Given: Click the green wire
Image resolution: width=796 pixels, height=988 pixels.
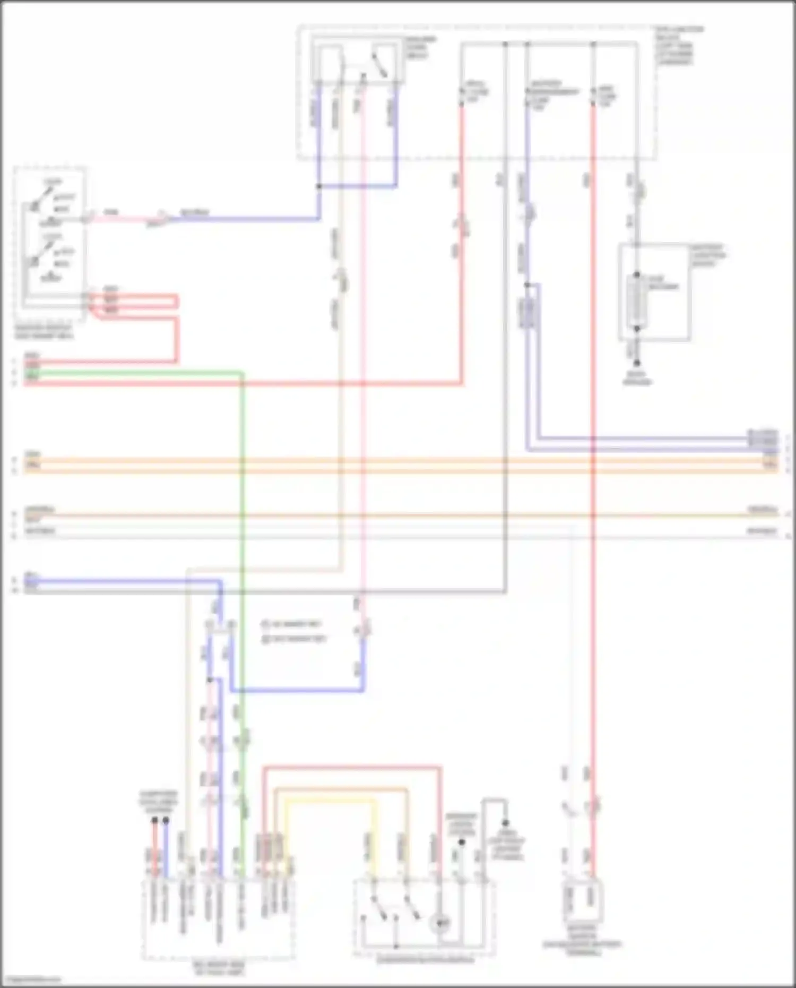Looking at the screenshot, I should pyautogui.click(x=242, y=531).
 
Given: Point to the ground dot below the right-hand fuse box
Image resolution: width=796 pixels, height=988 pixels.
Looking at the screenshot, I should pyautogui.click(x=637, y=363).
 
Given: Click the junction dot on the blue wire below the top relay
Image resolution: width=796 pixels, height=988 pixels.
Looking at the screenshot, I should pyautogui.click(x=318, y=186).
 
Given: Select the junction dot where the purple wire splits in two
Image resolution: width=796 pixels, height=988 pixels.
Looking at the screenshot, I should pyautogui.click(x=527, y=285).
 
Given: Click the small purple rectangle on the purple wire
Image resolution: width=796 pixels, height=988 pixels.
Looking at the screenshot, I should pyautogui.click(x=529, y=313).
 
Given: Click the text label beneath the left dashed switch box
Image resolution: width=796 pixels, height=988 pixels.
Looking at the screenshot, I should pyautogui.click(x=44, y=332).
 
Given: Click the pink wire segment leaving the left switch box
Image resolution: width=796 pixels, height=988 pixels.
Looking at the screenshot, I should pyautogui.click(x=122, y=218).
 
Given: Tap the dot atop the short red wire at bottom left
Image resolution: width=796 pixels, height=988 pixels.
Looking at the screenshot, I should pyautogui.click(x=154, y=820).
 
